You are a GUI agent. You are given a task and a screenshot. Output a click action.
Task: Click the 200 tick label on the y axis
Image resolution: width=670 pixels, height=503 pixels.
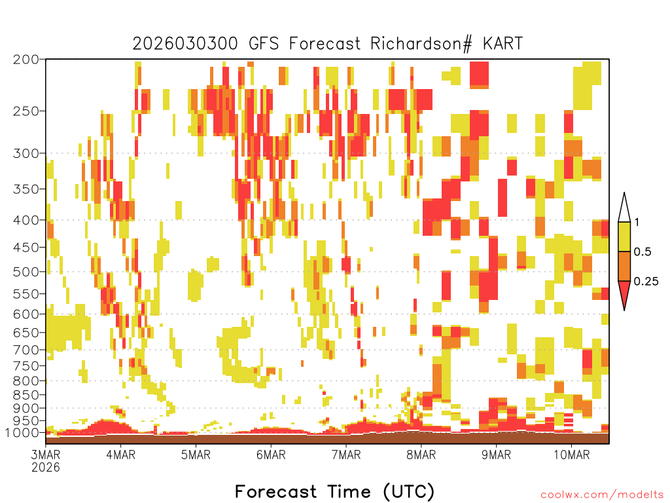26,60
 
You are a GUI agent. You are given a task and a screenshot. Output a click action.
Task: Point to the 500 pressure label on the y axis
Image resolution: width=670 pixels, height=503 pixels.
26,272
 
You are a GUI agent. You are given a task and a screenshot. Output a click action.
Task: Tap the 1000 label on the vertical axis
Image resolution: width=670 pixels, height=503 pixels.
22,433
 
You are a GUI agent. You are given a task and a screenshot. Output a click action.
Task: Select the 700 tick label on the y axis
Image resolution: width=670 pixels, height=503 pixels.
26,350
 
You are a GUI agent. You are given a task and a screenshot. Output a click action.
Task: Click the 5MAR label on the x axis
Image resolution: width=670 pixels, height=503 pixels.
196,455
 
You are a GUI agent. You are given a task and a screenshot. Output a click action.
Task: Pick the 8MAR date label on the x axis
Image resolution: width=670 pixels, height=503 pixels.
421,455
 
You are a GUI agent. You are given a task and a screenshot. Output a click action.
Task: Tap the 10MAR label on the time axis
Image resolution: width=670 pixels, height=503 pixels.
572,455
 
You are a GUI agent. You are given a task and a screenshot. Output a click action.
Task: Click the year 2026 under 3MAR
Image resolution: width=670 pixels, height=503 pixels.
46,468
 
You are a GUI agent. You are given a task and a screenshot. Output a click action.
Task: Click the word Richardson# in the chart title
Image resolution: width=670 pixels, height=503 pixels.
421,44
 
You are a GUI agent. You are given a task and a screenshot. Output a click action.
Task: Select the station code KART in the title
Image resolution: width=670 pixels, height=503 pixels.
502,44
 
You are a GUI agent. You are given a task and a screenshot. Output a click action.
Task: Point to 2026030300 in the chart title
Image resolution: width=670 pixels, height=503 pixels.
185,44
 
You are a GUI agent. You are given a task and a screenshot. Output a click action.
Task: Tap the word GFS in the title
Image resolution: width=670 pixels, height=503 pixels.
264,44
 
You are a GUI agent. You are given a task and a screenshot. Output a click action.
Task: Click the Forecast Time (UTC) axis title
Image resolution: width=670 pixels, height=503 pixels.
334,492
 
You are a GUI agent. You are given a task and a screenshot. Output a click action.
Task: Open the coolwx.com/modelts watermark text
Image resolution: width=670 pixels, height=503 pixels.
603,495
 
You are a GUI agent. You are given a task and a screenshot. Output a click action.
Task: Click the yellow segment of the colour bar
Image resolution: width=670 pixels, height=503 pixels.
624,236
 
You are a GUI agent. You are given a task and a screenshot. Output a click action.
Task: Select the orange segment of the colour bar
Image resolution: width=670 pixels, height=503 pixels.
624,266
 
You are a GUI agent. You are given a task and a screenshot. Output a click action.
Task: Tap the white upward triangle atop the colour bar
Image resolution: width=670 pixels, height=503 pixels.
624,208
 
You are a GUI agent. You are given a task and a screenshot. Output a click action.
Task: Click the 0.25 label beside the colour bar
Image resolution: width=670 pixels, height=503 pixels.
646,282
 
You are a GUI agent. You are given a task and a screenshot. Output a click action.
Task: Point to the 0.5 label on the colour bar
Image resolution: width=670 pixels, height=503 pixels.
643,252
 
